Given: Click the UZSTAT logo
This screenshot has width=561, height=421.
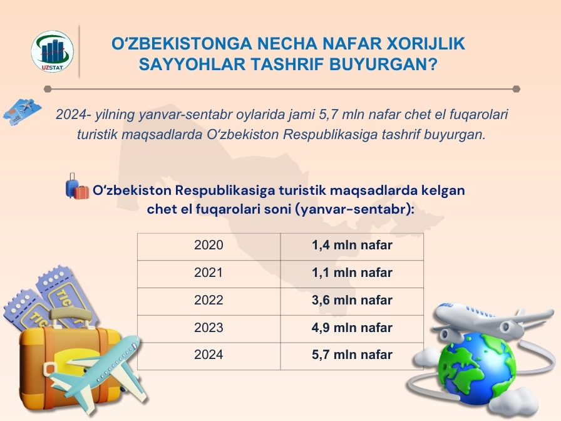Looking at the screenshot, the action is click(52, 51).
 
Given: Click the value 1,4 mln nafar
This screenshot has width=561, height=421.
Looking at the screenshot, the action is click(352, 245).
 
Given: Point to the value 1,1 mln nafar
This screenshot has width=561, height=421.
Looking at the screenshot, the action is click(352, 273).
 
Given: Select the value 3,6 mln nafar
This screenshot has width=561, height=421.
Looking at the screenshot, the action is click(352, 300).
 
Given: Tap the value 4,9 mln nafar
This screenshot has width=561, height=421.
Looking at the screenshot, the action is click(352, 328).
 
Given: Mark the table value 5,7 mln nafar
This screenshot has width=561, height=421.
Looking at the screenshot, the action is click(352, 355).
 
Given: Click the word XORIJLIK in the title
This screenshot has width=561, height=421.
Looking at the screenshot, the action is click(426, 44).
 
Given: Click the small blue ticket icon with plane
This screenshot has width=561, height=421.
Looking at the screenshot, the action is click(22, 112).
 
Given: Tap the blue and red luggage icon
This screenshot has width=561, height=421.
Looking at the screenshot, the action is click(76, 187).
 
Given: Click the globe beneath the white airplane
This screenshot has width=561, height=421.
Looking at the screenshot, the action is click(476, 369).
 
